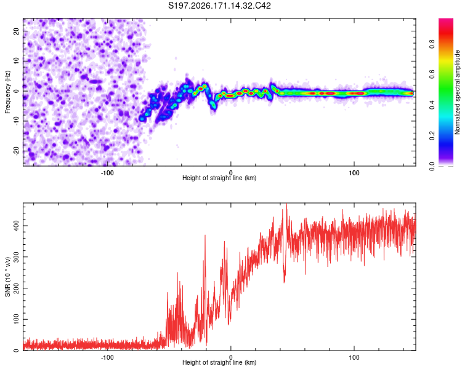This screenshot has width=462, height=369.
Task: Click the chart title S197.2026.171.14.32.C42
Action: pos(219,6)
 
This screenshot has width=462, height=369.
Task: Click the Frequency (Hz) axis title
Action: pos(7,92)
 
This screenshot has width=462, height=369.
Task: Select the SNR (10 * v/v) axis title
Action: pos(7,277)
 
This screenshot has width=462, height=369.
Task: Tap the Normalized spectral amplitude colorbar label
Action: pos(457,92)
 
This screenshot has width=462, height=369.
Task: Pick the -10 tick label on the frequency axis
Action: pos(17,121)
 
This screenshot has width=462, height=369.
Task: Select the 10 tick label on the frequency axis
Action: pos(17,61)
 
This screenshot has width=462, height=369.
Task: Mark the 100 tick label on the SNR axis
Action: pos(17,319)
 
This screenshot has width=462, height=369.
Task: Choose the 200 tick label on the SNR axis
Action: pos(17,288)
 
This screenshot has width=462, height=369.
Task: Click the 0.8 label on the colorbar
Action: pos(432,44)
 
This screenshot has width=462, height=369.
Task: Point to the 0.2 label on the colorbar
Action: pos(432,136)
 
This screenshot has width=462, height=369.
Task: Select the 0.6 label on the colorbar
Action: pos(432,74)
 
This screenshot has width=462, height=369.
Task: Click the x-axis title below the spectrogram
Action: pos(219,178)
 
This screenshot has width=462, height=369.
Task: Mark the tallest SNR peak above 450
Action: pos(286,204)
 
